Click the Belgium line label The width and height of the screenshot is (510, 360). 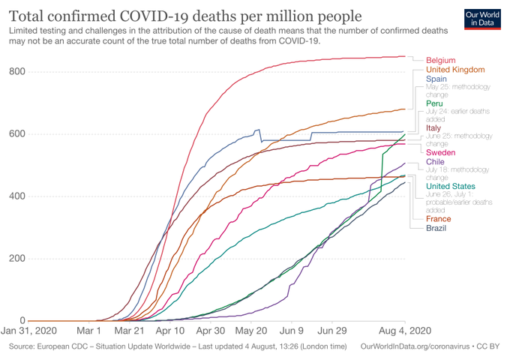[x=440, y=60]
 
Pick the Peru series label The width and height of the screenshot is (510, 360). [x=434, y=103]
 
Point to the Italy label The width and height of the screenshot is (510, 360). [x=433, y=128]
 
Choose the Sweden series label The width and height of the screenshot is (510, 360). [x=440, y=153]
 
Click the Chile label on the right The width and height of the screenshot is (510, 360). [x=435, y=161]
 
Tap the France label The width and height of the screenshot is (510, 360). [x=438, y=219]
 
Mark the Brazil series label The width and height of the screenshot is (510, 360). [x=436, y=228]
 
